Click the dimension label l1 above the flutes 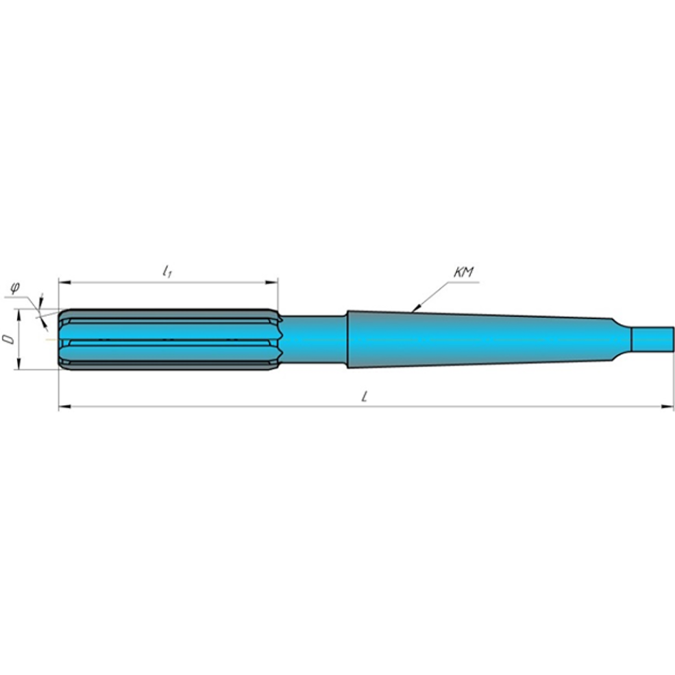[167, 271]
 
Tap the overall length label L [365, 397]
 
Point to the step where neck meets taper [347, 339]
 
